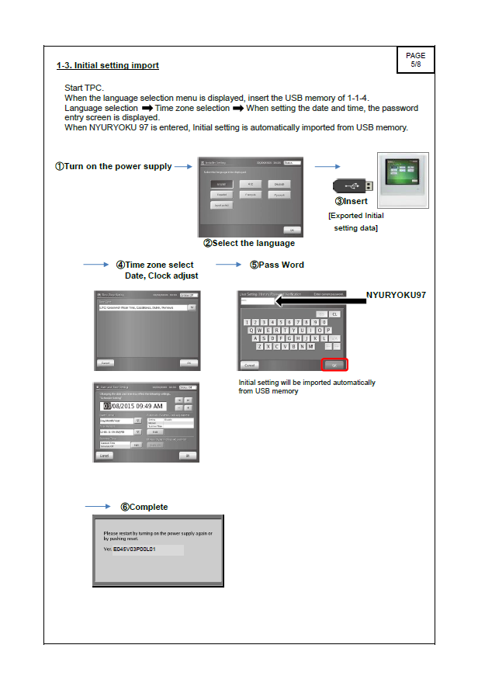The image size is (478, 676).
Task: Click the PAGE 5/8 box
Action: pyautogui.click(x=415, y=60)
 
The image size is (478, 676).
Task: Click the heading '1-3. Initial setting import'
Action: pyautogui.click(x=108, y=65)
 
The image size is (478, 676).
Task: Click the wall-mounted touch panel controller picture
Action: pyautogui.click(x=402, y=178)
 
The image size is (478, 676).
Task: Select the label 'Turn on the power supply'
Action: pyautogui.click(x=113, y=167)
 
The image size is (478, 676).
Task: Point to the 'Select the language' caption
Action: pyautogui.click(x=249, y=243)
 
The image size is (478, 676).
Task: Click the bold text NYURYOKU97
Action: pyautogui.click(x=396, y=295)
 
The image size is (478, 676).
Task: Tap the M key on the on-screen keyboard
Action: pyautogui.click(x=310, y=346)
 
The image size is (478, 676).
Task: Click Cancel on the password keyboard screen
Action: pyautogui.click(x=250, y=364)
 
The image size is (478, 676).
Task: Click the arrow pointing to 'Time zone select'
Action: pyautogui.click(x=96, y=265)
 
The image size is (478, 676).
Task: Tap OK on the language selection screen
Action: pyautogui.click(x=292, y=231)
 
